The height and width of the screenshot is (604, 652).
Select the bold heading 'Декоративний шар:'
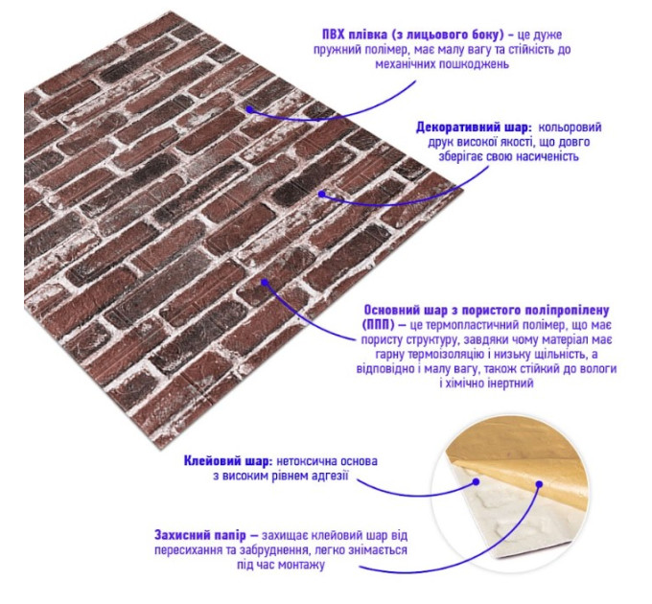tap(474, 128)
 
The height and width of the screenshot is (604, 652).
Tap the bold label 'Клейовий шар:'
tap(228, 461)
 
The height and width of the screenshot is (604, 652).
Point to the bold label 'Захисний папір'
tap(200, 535)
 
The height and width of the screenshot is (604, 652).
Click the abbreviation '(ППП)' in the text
tap(377, 325)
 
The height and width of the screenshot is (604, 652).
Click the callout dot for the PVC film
tap(249, 109)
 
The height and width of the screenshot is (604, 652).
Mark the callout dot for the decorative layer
tap(321, 194)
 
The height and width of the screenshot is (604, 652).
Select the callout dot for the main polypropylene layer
tap(265, 282)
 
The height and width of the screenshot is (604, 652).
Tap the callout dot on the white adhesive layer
tap(477, 482)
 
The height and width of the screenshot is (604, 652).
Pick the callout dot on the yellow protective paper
tap(539, 484)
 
